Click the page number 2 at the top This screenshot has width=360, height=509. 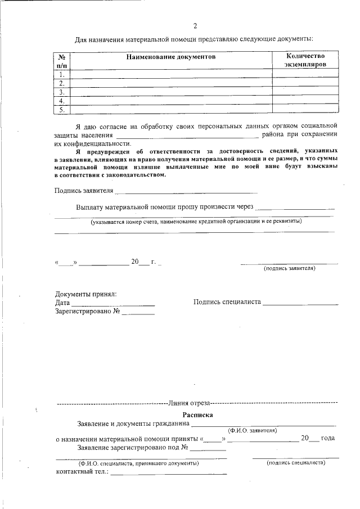pyautogui.click(x=195, y=26)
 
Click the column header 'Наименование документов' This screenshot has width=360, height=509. pyautogui.click(x=171, y=57)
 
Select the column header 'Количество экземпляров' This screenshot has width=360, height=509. pyautogui.click(x=305, y=61)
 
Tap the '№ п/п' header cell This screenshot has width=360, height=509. pyautogui.click(x=62, y=61)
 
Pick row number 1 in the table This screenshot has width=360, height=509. pyautogui.click(x=62, y=74)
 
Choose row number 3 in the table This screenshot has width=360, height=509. pyautogui.click(x=62, y=92)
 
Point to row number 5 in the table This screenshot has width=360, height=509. pyautogui.click(x=62, y=110)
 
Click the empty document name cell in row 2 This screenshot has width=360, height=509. pyautogui.click(x=171, y=83)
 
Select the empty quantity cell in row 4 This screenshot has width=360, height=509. pyautogui.click(x=305, y=101)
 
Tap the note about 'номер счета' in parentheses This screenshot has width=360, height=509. pyautogui.click(x=196, y=221)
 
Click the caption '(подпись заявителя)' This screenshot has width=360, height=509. pyautogui.click(x=289, y=268)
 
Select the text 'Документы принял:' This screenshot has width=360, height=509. pyautogui.click(x=85, y=294)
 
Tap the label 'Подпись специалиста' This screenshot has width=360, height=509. pyautogui.click(x=227, y=302)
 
